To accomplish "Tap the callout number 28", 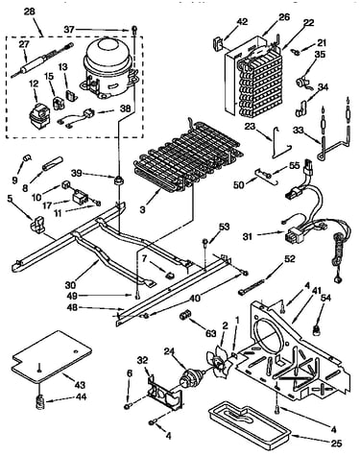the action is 30,12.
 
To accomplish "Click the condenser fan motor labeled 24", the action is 191,378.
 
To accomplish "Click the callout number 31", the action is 248,237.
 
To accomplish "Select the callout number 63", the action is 211,335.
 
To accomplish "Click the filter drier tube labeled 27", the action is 42,60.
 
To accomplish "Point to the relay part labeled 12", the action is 37,114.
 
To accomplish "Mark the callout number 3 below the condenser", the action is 143,210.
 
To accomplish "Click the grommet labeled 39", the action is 119,180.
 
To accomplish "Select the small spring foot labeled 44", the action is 38,401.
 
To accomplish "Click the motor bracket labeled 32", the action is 164,392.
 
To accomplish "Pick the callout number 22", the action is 308,23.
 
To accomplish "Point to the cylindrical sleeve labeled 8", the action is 53,163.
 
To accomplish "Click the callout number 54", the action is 325,299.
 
